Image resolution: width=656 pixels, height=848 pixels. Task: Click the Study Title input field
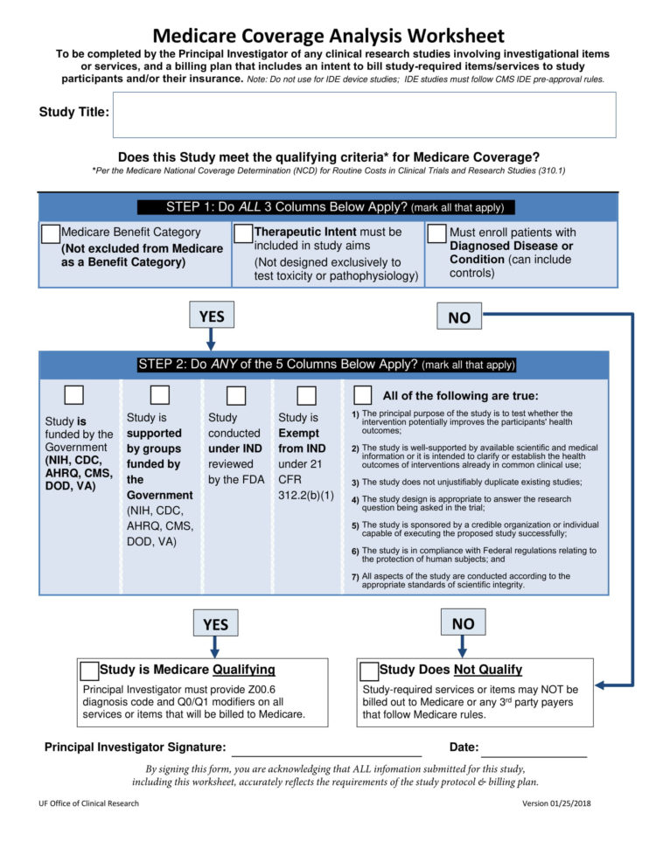[364, 115]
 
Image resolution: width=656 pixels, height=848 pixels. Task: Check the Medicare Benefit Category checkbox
[51, 233]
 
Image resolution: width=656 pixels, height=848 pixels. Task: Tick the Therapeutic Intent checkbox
[243, 233]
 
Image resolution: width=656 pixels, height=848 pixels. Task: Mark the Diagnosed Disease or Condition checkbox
[436, 233]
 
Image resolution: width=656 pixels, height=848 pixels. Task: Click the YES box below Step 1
[211, 316]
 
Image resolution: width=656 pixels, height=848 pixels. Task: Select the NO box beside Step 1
[459, 317]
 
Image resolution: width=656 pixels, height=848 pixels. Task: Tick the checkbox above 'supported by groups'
[160, 395]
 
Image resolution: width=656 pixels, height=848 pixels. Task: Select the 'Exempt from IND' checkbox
[306, 395]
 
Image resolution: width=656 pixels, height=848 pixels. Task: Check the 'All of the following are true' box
[363, 395]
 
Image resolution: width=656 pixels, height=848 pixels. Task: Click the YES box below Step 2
[215, 623]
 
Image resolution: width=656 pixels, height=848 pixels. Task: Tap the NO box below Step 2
[463, 623]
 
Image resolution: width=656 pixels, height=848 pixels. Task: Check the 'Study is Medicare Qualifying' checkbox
[89, 671]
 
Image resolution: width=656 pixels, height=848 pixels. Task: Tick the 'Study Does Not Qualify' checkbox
[369, 671]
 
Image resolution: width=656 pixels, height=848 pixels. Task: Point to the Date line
[534, 751]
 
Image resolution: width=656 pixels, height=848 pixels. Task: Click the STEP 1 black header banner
[326, 207]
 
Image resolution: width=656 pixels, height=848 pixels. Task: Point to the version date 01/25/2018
[556, 803]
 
